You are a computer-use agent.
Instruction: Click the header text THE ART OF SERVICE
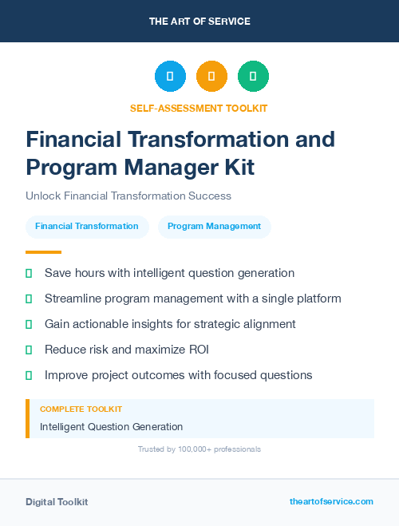pyautogui.click(x=199, y=22)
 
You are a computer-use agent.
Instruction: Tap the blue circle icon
pyautogui.click(x=170, y=77)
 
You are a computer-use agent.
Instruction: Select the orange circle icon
pyautogui.click(x=211, y=77)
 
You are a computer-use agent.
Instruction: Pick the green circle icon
pyautogui.click(x=253, y=77)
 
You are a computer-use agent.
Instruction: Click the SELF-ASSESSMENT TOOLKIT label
pyautogui.click(x=199, y=108)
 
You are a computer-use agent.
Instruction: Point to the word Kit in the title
pyautogui.click(x=235, y=167)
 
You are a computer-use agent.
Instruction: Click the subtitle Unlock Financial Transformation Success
pyautogui.click(x=128, y=196)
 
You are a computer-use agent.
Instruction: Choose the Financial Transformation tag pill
pyautogui.click(x=87, y=226)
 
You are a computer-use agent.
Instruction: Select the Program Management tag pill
pyautogui.click(x=215, y=226)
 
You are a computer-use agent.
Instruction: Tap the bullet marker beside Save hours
pyautogui.click(x=29, y=273)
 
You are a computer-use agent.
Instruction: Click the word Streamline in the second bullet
pyautogui.click(x=73, y=299)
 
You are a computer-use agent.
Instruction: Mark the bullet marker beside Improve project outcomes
pyautogui.click(x=29, y=375)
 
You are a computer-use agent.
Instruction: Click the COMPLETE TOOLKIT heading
pyautogui.click(x=81, y=409)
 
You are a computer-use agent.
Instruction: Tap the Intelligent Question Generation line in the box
pyautogui.click(x=112, y=427)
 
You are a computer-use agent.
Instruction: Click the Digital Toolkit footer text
pyautogui.click(x=57, y=502)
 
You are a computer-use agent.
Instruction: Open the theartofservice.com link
pyautogui.click(x=331, y=501)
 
